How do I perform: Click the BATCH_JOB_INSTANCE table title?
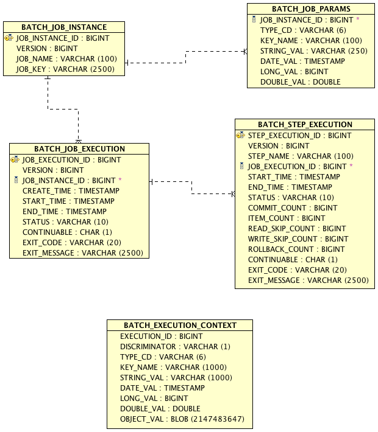64,27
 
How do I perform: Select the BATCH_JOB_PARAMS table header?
311,9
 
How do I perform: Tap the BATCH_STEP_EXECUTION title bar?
305,125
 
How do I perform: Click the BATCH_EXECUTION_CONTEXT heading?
180,326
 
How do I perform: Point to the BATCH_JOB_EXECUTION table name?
79,149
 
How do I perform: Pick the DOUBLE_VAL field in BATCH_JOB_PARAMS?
300,82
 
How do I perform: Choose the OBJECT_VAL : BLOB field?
182,419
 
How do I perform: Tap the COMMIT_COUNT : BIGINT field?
293,208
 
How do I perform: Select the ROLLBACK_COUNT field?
296,249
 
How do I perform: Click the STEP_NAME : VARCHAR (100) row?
301,156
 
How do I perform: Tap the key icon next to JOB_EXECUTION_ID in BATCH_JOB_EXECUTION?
15,160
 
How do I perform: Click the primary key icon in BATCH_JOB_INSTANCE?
9,38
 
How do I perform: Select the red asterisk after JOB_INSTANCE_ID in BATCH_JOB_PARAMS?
358,19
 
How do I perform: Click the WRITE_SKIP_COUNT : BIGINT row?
298,239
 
